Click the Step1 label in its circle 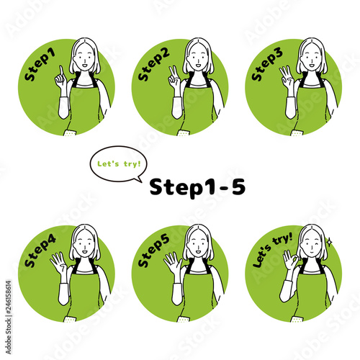point(40,65)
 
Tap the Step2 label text point(153,65)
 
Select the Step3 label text point(267,65)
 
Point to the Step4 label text point(40,251)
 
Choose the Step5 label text point(153,251)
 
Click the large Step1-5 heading point(197,187)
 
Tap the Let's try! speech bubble point(119,164)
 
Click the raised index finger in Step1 point(62,71)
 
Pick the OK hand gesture point(291,260)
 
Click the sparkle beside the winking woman point(330,242)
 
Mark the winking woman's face point(312,246)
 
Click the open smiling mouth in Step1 point(84,65)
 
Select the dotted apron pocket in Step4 point(71,319)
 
